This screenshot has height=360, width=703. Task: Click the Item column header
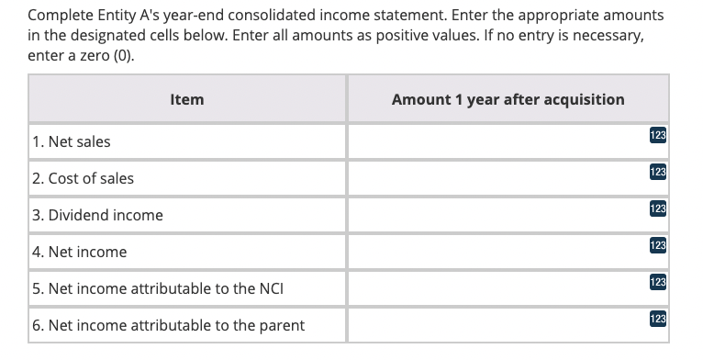[x=187, y=99]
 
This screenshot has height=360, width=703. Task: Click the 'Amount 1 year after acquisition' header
[x=508, y=99]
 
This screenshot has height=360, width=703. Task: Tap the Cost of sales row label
[x=83, y=179]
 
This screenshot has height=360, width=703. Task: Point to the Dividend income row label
[x=97, y=215]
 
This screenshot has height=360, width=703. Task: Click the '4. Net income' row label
[x=79, y=252]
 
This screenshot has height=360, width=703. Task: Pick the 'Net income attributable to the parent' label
[x=168, y=325]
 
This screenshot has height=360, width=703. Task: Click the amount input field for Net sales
[x=496, y=142]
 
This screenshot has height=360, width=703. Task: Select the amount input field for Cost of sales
[x=496, y=179]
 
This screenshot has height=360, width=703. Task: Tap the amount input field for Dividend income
[x=496, y=215]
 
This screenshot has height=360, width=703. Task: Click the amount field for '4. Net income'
[x=496, y=252]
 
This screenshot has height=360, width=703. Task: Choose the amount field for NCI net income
[x=496, y=288]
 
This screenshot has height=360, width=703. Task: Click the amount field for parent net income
[x=496, y=325]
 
